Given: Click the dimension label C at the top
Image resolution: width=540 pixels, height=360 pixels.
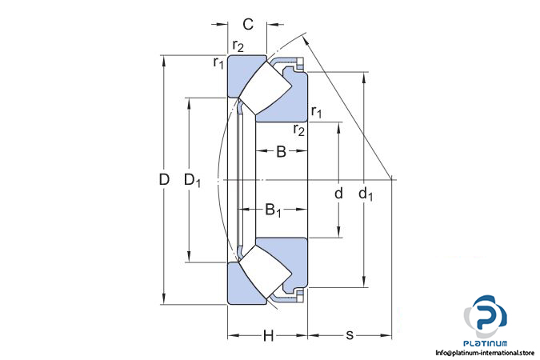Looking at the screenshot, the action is pyautogui.click(x=248, y=25).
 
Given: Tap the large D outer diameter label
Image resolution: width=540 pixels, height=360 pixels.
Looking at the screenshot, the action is pyautogui.click(x=164, y=179).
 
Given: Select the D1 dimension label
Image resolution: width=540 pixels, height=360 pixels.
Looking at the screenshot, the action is pyautogui.click(x=192, y=180).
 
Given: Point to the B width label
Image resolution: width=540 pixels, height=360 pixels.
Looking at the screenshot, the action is pyautogui.click(x=281, y=151).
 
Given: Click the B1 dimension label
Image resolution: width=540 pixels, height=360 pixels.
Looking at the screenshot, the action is pyautogui.click(x=273, y=210).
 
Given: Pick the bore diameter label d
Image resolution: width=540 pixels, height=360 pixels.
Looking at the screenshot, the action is pyautogui.click(x=339, y=194).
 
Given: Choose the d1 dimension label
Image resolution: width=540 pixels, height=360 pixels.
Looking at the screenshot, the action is pyautogui.click(x=366, y=194).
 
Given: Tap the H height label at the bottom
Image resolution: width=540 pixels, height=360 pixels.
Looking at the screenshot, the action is pyautogui.click(x=268, y=335).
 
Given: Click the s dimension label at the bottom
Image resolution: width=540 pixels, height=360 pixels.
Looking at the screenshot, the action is pyautogui.click(x=350, y=334).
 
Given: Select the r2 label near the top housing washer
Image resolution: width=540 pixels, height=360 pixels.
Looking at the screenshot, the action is pyautogui.click(x=238, y=46).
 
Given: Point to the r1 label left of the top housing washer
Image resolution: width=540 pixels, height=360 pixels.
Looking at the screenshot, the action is pyautogui.click(x=218, y=62).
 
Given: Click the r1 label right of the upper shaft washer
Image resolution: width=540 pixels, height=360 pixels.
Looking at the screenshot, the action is pyautogui.click(x=317, y=112).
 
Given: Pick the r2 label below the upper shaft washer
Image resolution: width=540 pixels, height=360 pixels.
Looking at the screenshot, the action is pyautogui.click(x=299, y=130).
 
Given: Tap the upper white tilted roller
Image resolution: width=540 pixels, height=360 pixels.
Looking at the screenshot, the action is pyautogui.click(x=266, y=89).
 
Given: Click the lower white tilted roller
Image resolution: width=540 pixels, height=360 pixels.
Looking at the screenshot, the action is pyautogui.click(x=266, y=271).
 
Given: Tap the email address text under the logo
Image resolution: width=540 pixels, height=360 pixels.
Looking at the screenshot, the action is pyautogui.click(x=485, y=353).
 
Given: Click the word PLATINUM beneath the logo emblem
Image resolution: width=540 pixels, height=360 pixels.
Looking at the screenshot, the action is pyautogui.click(x=486, y=343).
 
